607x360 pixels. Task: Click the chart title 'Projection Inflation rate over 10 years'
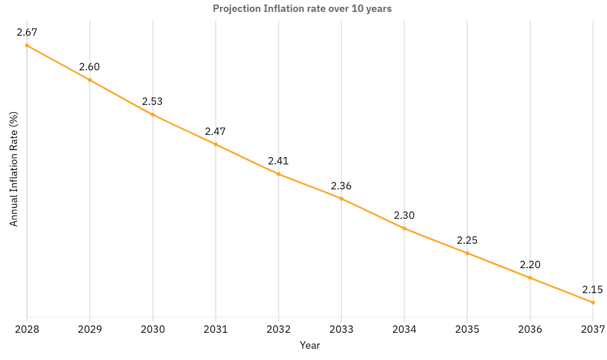tap(302, 9)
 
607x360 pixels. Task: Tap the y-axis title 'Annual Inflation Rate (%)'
tap(14, 169)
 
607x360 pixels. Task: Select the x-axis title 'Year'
tap(310, 345)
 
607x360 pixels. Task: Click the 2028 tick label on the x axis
tap(27, 329)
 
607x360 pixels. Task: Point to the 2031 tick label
tap(216, 329)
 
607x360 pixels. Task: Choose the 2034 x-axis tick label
tap(404, 329)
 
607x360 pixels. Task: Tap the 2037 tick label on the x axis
tap(593, 329)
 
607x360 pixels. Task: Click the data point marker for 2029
tap(90, 80)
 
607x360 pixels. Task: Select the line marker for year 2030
tap(153, 115)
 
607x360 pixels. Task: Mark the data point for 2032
tap(279, 174)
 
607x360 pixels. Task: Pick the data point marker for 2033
tap(341, 198)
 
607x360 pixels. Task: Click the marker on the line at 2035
tap(467, 253)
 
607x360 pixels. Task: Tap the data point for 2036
tap(530, 278)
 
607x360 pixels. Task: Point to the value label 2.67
tap(27, 32)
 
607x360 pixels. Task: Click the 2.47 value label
tap(216, 132)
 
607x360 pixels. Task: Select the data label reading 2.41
tap(279, 161)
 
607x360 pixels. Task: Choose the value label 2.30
tap(404, 215)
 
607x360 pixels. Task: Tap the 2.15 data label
tap(593, 290)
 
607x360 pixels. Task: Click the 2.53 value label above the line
tap(153, 102)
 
